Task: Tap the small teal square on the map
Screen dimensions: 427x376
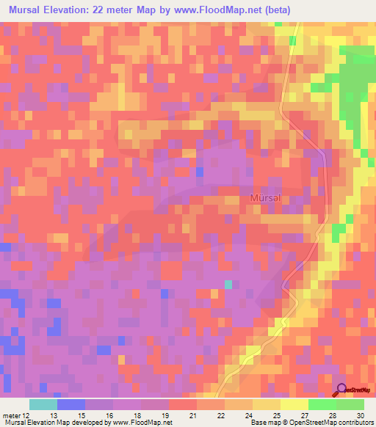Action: click(x=228, y=284)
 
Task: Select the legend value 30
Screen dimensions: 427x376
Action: click(x=360, y=415)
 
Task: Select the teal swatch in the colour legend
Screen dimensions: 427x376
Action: click(x=43, y=404)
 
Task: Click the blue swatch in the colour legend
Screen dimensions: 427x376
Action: click(x=71, y=404)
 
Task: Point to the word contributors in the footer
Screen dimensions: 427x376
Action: click(x=354, y=423)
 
